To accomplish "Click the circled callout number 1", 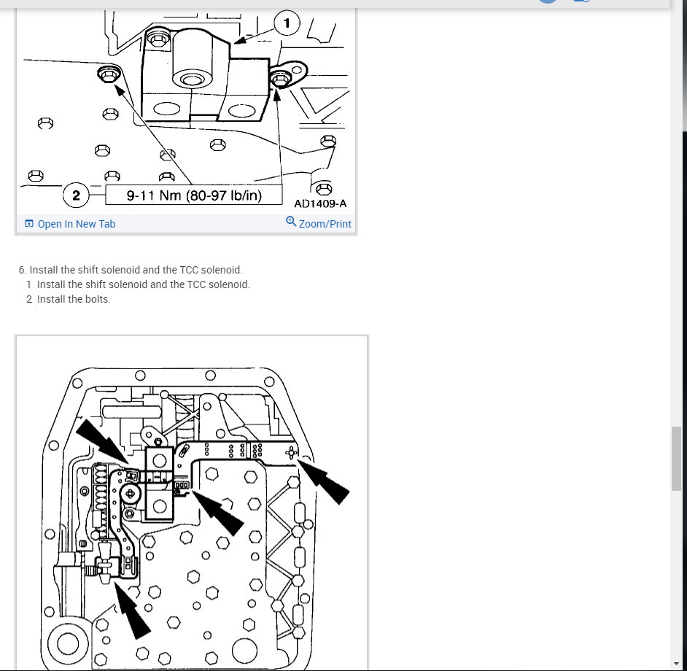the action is pos(287,23).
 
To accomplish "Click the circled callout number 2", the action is pos(76,195).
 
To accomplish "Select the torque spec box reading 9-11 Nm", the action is pos(194,195).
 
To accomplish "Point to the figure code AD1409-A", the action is pos(320,203).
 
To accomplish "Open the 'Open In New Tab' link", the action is pos(77,224).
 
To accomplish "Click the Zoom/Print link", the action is pos(325,224).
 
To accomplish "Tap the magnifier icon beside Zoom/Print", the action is pos(291,221).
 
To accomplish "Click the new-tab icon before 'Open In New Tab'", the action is pos(29,223).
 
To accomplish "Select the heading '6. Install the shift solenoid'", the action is pos(131,270).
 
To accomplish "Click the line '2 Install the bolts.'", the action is pos(69,299).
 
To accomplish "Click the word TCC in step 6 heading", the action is pos(189,270).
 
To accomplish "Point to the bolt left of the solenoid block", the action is pos(108,74).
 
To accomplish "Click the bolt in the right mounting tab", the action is pos(280,79).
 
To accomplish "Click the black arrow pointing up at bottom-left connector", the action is pos(133,608).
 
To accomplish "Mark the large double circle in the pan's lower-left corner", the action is pos(68,644).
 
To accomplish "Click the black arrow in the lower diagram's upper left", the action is pos(101,441).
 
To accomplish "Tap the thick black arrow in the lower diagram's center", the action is pos(217,512).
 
